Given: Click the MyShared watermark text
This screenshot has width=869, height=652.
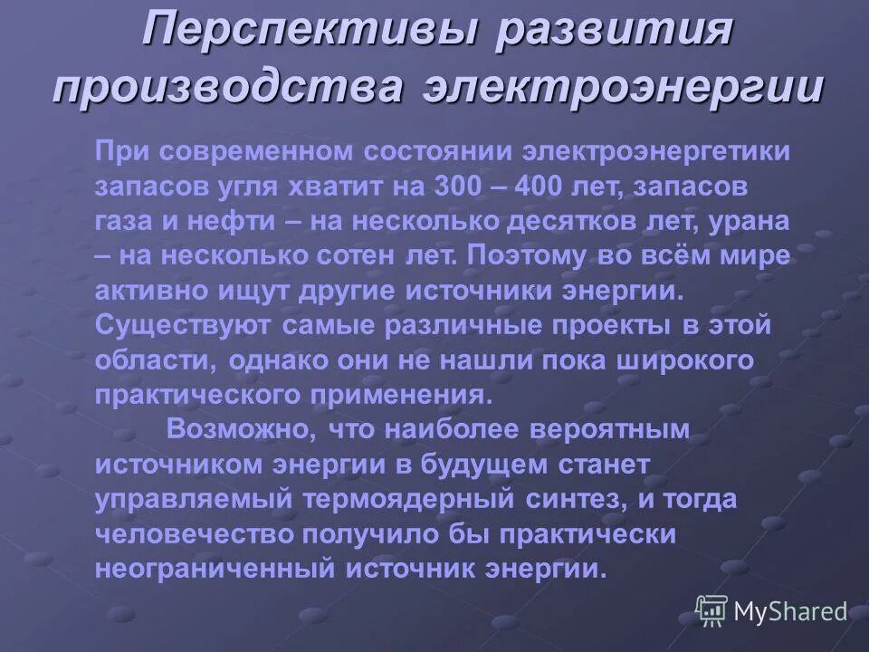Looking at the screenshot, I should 790,612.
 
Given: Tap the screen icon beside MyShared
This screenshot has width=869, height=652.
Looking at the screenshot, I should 711,610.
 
